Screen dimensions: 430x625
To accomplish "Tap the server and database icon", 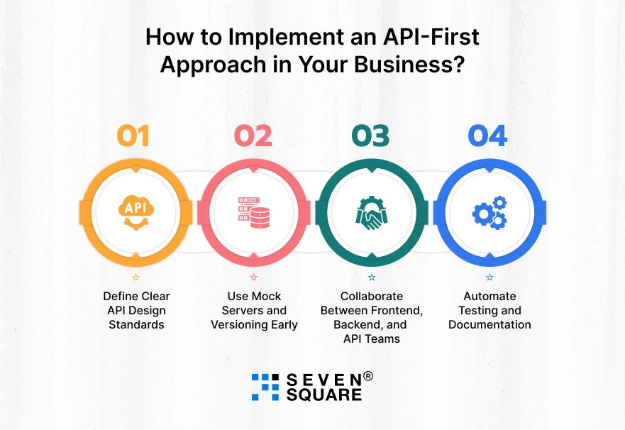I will tap(253, 211).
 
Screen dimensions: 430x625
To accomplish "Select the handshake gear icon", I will tap(371, 211).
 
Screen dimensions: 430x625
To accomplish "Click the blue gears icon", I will tap(490, 211).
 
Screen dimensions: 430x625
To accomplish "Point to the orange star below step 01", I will tap(136, 277).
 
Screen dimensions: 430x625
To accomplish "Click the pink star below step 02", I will tap(254, 277).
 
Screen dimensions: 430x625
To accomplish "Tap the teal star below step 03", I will tap(371, 277).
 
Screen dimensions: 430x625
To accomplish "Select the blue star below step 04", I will tap(490, 277).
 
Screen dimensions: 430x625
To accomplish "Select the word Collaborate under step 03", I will tap(371, 296).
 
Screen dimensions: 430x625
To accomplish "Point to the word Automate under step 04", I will tap(490, 296).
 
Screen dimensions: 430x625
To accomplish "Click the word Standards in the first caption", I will tap(136, 324).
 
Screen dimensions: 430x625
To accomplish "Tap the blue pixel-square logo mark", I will tap(265, 387).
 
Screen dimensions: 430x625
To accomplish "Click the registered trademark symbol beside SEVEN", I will tap(367, 376).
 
